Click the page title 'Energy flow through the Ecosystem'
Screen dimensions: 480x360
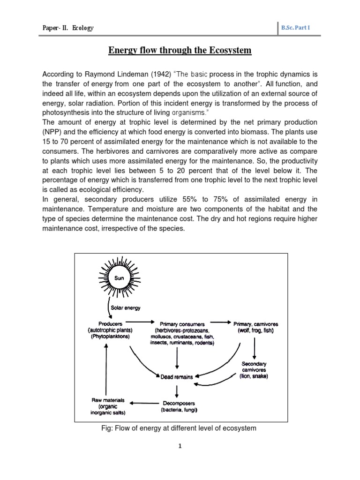180,50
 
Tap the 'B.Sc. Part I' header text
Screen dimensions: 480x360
295,28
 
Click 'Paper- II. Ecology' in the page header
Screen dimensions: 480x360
68,28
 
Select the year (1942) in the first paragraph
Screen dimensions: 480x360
135,74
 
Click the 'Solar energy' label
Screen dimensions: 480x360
126,308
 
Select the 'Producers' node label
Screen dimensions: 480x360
111,323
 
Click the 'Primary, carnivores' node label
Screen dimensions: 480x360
255,323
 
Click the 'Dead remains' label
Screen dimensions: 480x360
176,376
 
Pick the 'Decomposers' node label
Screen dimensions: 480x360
176,403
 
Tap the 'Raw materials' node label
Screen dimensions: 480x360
108,400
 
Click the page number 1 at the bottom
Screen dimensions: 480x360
180,447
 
